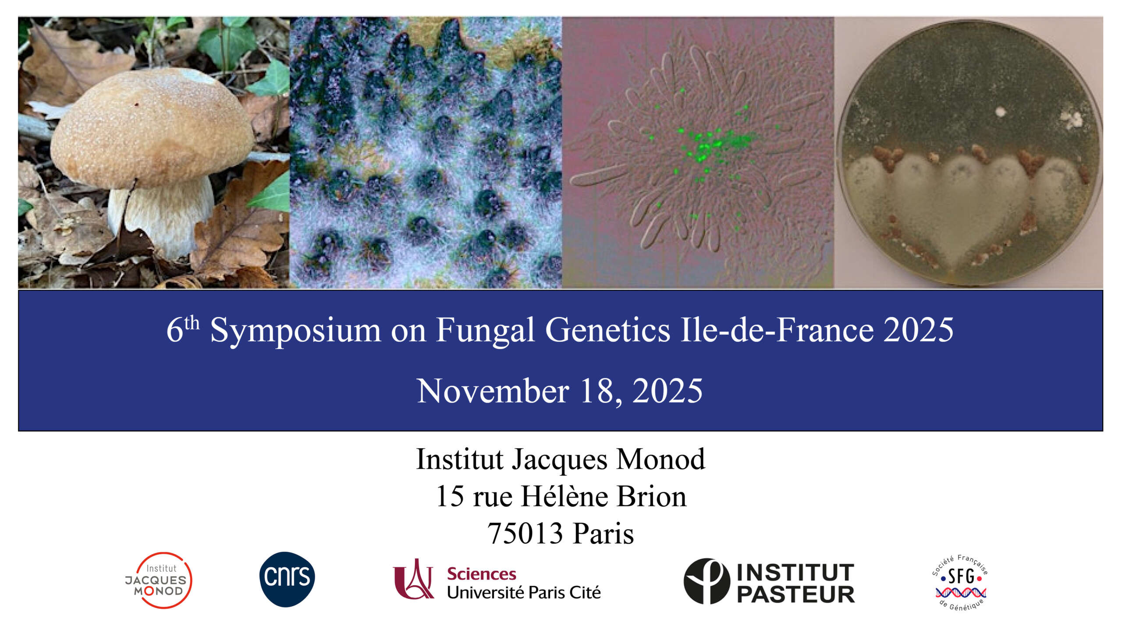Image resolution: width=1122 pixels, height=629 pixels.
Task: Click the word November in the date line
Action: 493,391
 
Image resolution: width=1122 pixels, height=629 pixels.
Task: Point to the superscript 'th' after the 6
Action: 192,323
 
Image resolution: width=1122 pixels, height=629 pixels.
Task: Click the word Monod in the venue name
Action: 661,459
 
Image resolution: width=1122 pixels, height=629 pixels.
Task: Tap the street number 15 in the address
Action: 450,497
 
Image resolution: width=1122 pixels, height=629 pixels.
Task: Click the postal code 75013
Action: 525,534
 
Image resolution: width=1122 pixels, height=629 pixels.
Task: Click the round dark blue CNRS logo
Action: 287,579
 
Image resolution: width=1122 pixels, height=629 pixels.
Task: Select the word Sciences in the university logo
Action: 482,574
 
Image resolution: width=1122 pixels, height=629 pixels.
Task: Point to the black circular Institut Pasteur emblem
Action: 707,581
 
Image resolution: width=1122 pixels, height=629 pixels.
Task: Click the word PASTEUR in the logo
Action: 796,594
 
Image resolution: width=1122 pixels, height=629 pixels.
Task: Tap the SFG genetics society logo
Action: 960,582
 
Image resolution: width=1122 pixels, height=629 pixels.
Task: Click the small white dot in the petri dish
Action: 1001,112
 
